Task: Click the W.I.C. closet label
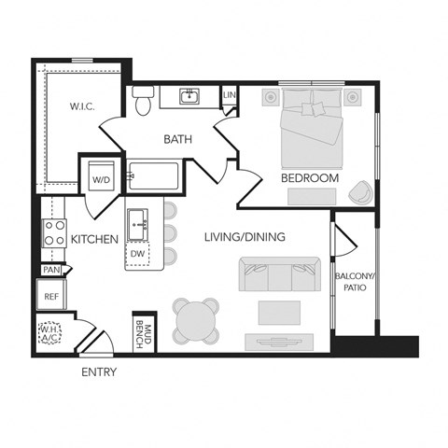point(82,106)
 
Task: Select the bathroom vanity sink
point(189,95)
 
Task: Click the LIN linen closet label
point(229,95)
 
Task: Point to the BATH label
point(177,140)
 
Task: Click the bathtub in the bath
point(158,175)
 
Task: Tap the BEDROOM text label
point(309,177)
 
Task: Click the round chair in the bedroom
point(359,192)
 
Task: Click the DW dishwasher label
point(137,253)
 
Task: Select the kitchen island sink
point(141,220)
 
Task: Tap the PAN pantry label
point(50,271)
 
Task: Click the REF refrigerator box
point(51,297)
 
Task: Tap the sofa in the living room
point(275,273)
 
